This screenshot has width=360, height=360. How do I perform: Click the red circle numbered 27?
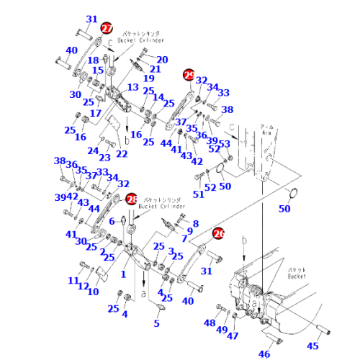(107, 28)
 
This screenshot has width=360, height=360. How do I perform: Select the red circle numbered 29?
(189, 74)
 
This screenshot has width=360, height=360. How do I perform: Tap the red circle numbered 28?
(131, 199)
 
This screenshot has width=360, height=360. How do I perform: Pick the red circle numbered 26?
(219, 233)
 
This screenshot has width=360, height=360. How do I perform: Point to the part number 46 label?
(265, 354)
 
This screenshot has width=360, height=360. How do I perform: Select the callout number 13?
(133, 86)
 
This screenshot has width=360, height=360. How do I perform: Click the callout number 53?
(225, 144)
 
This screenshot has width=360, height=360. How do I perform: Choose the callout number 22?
(122, 153)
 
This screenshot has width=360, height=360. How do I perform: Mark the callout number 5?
(156, 323)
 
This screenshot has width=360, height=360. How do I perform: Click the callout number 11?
(73, 280)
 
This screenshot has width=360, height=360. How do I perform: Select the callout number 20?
(162, 59)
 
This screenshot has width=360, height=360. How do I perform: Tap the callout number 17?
(95, 113)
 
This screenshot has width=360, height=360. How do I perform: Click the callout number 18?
(93, 60)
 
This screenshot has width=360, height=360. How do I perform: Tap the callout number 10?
(93, 291)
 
